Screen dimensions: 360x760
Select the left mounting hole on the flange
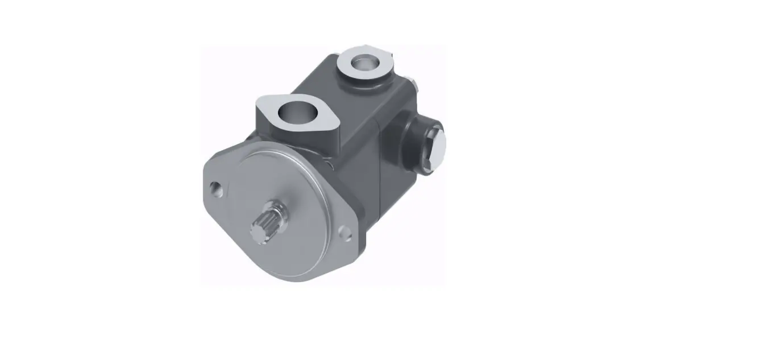(x=215, y=187)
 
